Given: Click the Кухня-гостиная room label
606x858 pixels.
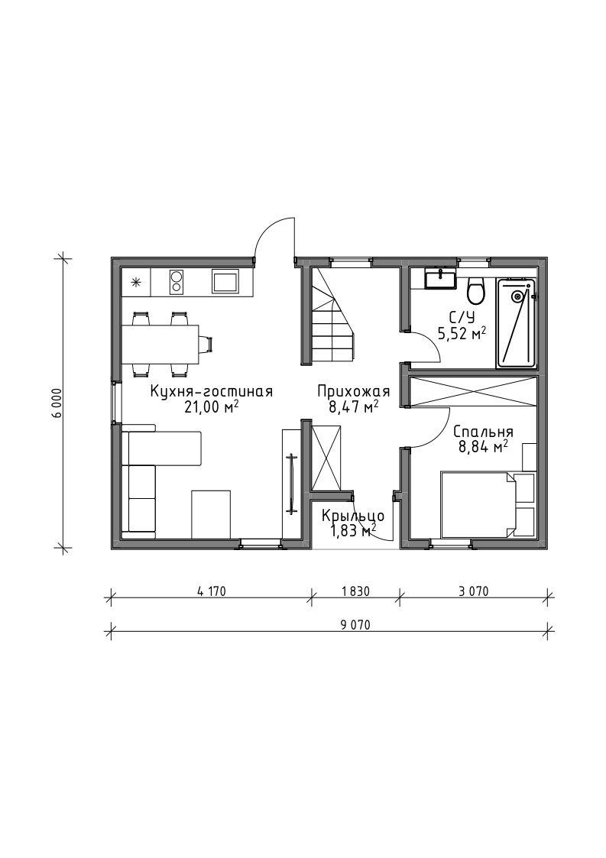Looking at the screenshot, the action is point(212,392).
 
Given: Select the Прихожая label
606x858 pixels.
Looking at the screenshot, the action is point(353,392).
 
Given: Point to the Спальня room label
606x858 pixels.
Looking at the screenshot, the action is point(484,432).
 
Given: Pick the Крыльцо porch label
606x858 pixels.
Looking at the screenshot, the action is point(353,516).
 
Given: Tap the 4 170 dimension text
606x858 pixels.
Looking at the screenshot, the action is point(211,591).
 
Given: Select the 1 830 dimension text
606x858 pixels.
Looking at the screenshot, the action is point(355,591).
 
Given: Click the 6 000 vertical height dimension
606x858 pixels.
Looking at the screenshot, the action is point(57,403).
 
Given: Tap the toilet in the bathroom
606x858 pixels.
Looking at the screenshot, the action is point(475,290).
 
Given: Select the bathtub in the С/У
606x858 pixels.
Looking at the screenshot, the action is point(516,323).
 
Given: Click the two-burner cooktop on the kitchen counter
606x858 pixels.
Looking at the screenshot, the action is point(177,283).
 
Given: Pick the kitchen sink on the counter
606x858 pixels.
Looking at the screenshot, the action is point(225,283).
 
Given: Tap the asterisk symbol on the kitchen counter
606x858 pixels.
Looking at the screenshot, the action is point(136,283).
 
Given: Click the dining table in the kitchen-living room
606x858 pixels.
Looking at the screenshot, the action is point(160,344).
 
